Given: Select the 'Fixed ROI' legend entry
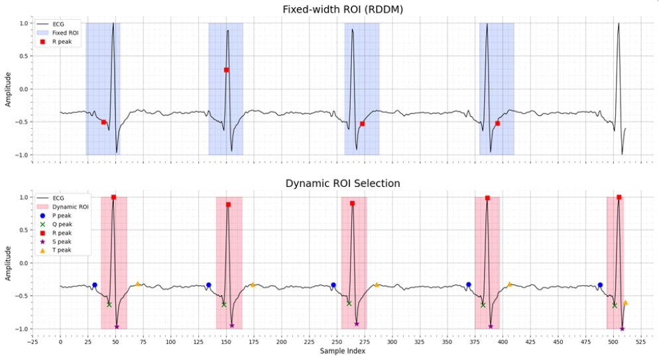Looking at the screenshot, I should (64, 32).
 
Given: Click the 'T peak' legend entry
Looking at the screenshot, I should (62, 250).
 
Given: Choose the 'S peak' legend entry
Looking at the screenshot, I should (62, 241).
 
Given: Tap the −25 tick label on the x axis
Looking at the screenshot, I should (32, 342).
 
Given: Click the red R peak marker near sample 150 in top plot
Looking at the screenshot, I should (226, 70).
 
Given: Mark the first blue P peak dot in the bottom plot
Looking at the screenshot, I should (95, 285).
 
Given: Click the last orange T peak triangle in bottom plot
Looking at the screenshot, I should (625, 302).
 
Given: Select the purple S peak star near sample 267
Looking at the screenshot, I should (357, 324).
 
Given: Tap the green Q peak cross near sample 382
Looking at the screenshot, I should (483, 305).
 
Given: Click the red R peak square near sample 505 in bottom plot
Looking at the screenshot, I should (619, 198).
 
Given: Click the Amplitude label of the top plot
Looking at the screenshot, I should (9, 89).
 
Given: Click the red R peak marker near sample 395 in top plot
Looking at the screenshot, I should (497, 123).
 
